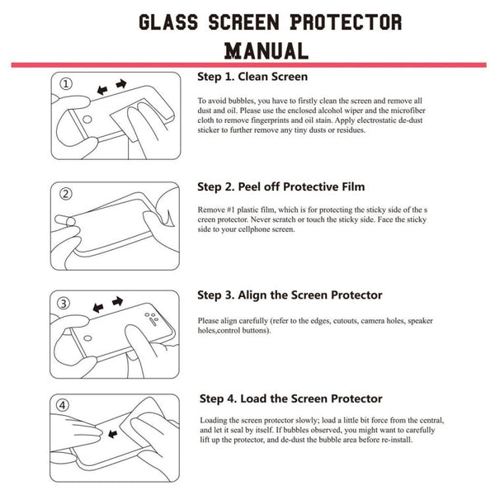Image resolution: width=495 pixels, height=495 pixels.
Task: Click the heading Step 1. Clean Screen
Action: click(x=252, y=77)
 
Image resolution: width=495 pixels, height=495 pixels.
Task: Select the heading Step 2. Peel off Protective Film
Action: click(x=280, y=186)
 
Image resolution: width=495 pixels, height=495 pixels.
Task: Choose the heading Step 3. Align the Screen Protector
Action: click(x=290, y=295)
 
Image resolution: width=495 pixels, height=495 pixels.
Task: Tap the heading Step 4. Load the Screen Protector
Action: click(x=289, y=398)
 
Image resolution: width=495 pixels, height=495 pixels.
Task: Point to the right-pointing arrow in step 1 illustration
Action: click(x=121, y=84)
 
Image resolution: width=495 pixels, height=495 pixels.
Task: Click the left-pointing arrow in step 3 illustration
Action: click(x=99, y=308)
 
